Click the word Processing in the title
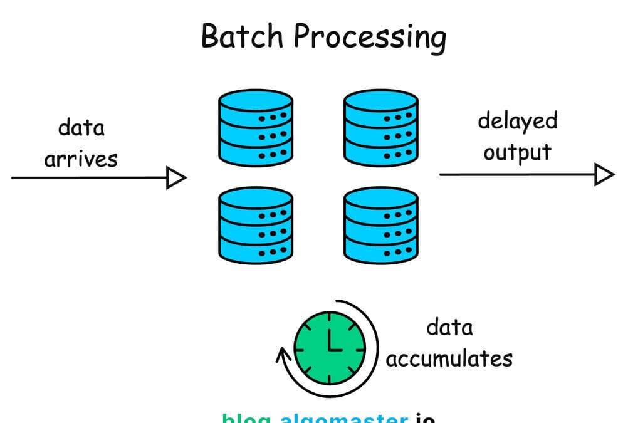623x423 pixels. point(370,38)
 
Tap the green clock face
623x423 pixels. point(330,348)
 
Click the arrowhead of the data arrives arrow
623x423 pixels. point(176,178)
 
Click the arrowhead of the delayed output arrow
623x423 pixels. point(604,174)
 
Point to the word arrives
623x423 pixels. point(80,159)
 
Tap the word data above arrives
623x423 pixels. point(81,128)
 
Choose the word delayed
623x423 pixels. point(517,120)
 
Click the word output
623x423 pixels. point(517,152)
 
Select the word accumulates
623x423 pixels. point(449,358)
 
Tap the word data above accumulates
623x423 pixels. point(449,327)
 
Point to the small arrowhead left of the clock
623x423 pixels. point(282,357)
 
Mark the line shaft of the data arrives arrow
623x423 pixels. point(88,178)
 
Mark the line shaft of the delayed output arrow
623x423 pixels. point(514,174)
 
